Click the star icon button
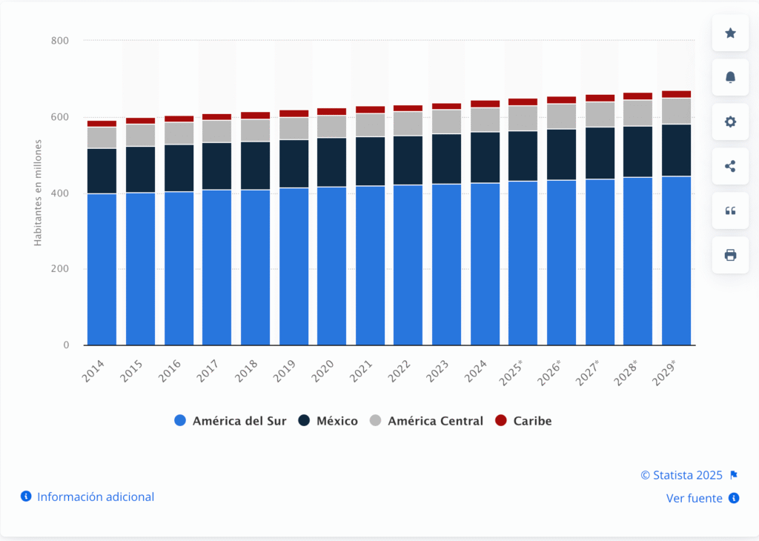point(730,33)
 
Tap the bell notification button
point(730,78)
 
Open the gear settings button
point(730,122)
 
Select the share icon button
point(730,166)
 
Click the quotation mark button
point(730,210)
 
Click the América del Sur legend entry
point(231,421)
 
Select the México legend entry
point(328,421)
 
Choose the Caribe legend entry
point(523,421)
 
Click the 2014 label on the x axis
point(94,371)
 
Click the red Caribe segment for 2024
point(485,104)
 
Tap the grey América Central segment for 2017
point(216,131)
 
